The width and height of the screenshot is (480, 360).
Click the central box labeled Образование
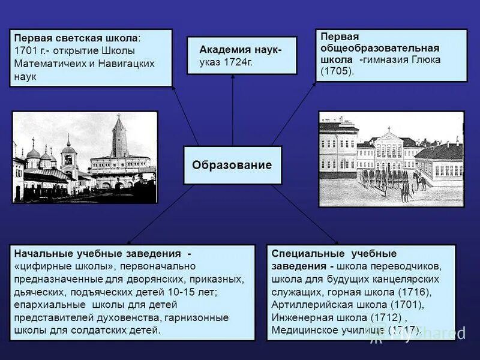232,165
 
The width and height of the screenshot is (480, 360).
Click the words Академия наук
239,50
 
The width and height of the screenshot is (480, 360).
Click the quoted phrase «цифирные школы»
66,266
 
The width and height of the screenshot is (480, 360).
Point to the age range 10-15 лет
190,292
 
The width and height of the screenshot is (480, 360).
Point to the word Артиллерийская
308,304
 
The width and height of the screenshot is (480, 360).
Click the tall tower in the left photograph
119,137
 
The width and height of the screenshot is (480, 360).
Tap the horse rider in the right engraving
422,180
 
